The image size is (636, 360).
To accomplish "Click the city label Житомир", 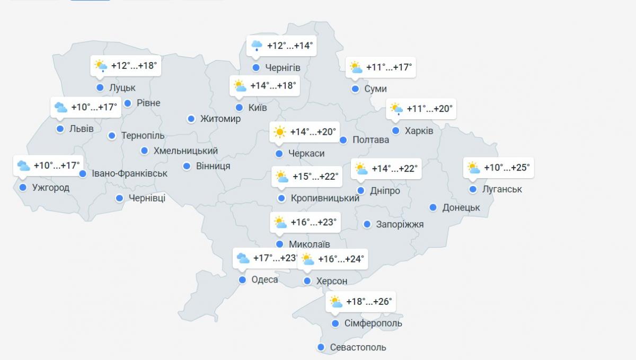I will (x=220, y=119).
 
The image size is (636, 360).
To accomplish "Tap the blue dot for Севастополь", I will (x=321, y=347).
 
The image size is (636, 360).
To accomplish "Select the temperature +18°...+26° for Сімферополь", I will (x=369, y=302).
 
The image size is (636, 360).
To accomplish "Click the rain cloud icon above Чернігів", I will (x=257, y=46).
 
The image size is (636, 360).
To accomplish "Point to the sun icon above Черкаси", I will (x=279, y=132).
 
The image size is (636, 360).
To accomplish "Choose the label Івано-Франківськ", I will (x=129, y=173).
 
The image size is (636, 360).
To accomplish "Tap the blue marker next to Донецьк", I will (x=433, y=207).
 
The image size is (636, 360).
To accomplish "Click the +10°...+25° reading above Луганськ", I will (x=507, y=168).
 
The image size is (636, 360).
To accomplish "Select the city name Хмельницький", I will (x=185, y=151).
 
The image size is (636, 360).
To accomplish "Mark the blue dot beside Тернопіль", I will (x=112, y=136).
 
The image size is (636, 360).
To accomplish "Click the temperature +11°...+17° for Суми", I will (x=389, y=67).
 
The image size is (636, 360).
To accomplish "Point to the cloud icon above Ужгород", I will (x=23, y=165).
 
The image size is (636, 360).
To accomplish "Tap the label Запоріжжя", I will (x=400, y=224).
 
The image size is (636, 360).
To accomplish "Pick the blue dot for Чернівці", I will (x=120, y=198).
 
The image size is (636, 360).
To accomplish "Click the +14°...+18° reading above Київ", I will (x=273, y=85).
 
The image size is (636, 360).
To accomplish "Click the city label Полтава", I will (x=371, y=140).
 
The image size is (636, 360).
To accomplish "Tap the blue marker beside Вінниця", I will (x=187, y=166).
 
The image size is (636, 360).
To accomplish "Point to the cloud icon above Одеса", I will (x=243, y=258).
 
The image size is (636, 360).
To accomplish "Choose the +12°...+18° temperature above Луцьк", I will (x=134, y=66).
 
